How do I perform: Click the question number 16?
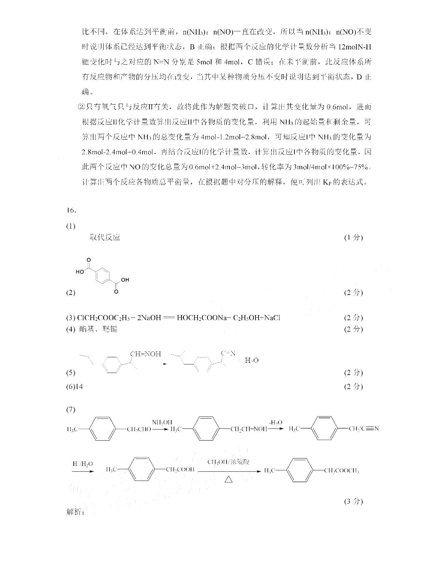[71, 210]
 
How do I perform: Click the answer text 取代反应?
[105, 237]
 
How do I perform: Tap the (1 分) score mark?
[353, 237]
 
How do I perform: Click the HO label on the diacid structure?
[80, 272]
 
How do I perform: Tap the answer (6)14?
[74, 387]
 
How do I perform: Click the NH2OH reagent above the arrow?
[162, 422]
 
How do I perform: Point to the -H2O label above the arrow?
[276, 422]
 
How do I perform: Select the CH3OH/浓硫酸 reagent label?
[229, 462]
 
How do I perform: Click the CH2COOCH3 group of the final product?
[341, 471]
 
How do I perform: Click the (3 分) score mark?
[353, 501]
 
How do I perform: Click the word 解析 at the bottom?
[75, 512]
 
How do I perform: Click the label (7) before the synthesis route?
[71, 410]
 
